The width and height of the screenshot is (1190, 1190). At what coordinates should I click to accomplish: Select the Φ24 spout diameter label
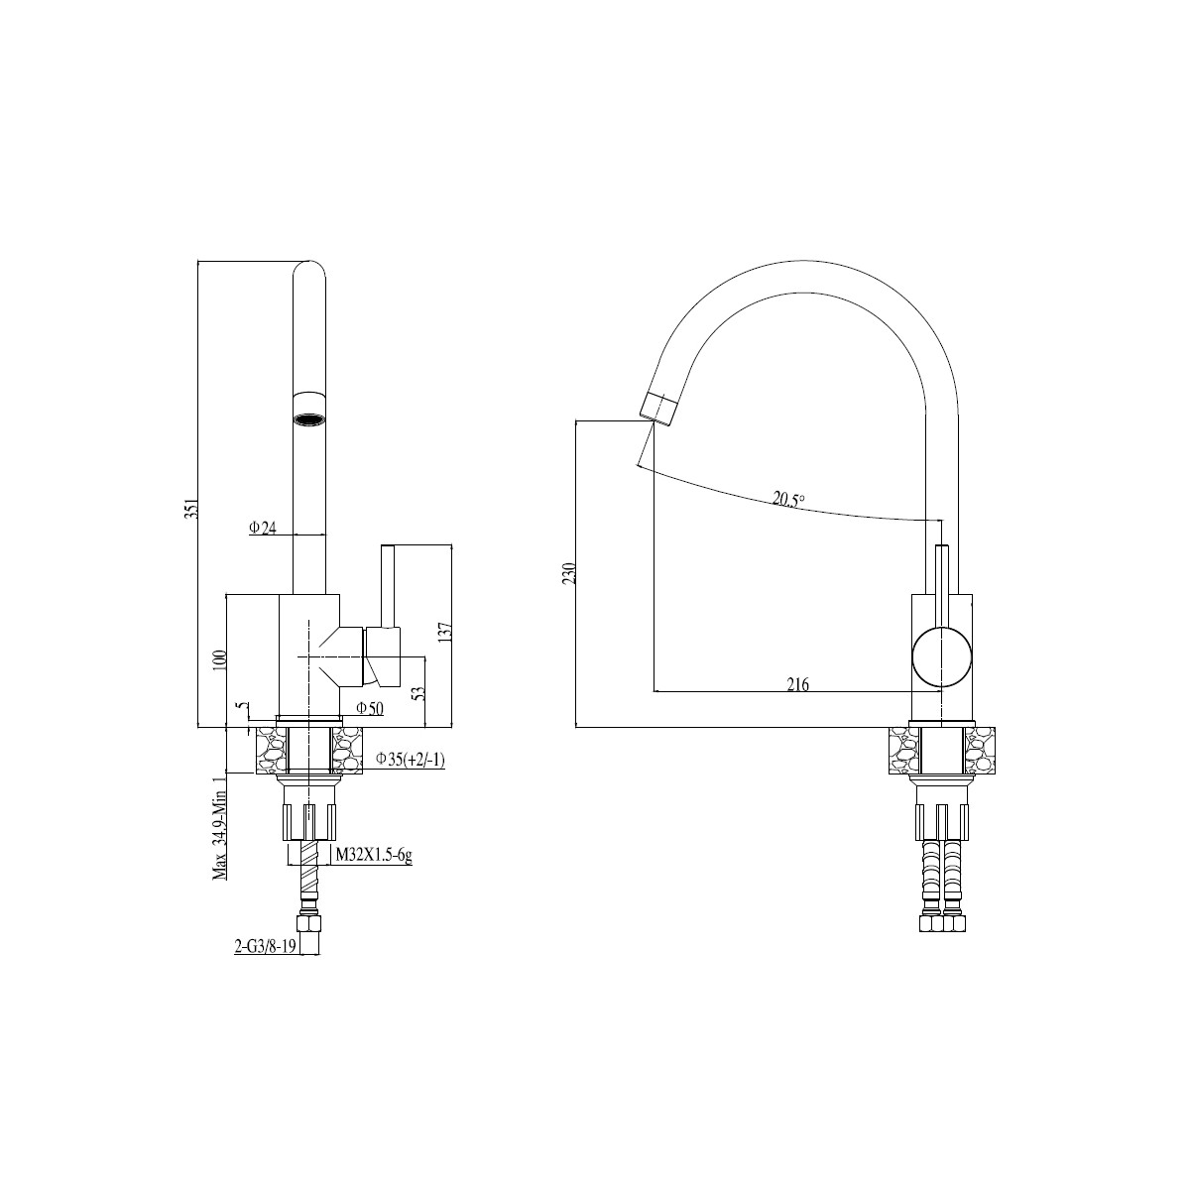pyautogui.click(x=263, y=528)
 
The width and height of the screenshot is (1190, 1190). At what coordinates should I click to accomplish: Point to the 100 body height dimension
pyautogui.click(x=222, y=660)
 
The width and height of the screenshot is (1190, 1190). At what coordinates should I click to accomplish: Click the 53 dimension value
pyautogui.click(x=419, y=692)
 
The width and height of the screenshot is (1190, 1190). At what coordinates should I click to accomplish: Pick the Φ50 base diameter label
pyautogui.click(x=369, y=708)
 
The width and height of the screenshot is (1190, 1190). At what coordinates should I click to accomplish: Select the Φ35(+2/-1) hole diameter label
pyautogui.click(x=410, y=759)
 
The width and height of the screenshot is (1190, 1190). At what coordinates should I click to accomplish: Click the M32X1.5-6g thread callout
pyautogui.click(x=374, y=855)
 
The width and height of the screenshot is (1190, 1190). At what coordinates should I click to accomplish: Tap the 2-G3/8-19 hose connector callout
pyautogui.click(x=265, y=963)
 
